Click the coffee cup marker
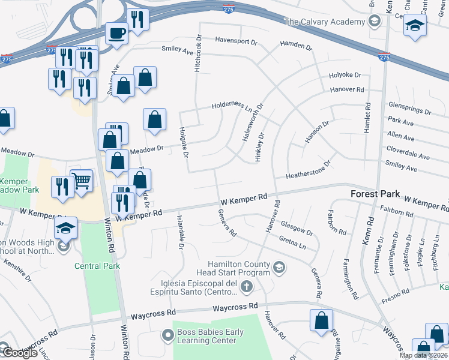pos(117,32)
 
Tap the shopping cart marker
pos(81,179)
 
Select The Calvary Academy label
pos(324,22)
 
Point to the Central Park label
pos(97,266)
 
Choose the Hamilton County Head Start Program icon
pos(279,267)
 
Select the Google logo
pos(19,353)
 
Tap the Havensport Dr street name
pos(236,43)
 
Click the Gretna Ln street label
pos(293,242)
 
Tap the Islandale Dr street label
pos(179,232)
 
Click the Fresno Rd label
pos(397,292)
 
